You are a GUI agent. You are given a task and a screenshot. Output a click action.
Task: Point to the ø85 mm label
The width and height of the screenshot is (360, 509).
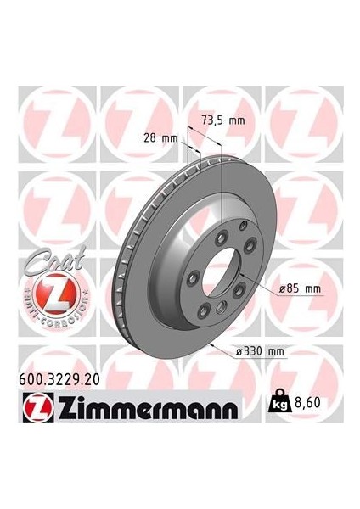coord(302,289)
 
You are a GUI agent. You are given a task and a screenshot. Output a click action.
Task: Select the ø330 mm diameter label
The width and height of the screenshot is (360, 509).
coord(262,350)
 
